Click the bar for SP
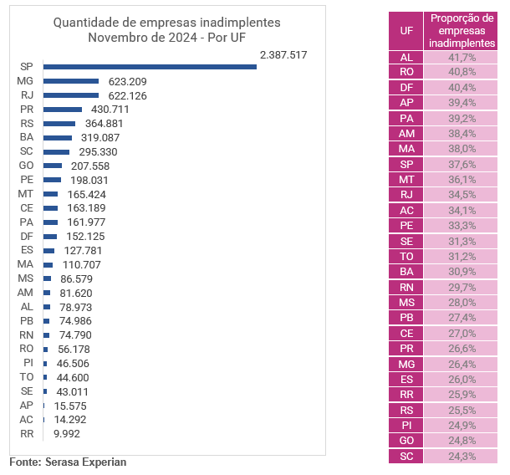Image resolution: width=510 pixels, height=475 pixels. pos(150,67)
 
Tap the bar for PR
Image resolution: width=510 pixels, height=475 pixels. pos(63,110)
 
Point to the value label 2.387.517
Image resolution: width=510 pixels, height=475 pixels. pos(283,54)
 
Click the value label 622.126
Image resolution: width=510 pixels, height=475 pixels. pos(128,95)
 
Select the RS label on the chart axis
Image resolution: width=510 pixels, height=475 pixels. pos(26,124)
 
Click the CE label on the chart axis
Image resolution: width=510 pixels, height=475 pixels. pos(26,208)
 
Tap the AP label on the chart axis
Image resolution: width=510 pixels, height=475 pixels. pos(26,406)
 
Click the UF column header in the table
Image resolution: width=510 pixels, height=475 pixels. pos(405,29)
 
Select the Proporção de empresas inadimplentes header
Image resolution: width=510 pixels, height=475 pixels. pos(461,30)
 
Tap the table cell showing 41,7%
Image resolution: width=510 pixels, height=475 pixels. pos(461,57)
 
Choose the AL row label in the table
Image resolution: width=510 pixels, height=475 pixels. pos(405,57)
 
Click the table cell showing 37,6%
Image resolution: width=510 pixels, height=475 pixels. pos(461,164)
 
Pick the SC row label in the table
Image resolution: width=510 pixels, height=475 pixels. pos(405,457)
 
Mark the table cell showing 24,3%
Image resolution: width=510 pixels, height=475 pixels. pos(461,457)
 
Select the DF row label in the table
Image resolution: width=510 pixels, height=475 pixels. pos(405,87)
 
